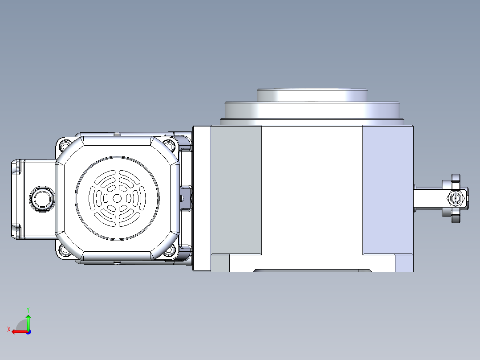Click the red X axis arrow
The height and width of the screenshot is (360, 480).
[19, 331]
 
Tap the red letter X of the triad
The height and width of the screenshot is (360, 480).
[8, 329]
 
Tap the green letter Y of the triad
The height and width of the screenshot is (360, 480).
[28, 309]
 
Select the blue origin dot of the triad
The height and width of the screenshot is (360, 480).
[28, 331]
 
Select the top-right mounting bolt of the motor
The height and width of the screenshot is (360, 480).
[168, 144]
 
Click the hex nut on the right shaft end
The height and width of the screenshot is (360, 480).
[456, 198]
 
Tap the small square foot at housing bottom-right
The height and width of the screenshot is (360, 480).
[404, 263]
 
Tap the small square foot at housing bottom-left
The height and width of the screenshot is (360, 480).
[220, 263]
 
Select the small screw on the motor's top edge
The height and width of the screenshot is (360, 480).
[117, 133]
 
